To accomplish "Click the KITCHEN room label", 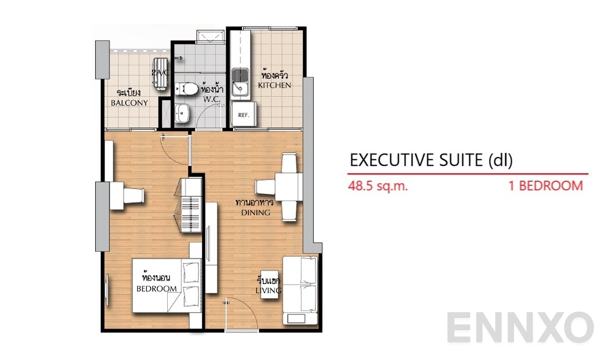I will tap(275, 85).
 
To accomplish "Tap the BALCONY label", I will tap(129, 103).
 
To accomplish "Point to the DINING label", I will tap(256, 213).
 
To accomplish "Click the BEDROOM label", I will tap(157, 289).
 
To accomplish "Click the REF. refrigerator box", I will tap(244, 115).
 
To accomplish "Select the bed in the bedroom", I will tap(167, 285).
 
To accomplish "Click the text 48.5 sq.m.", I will tap(378, 186).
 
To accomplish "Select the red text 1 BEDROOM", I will tap(546, 186).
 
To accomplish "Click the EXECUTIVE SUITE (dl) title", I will tap(431, 160).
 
